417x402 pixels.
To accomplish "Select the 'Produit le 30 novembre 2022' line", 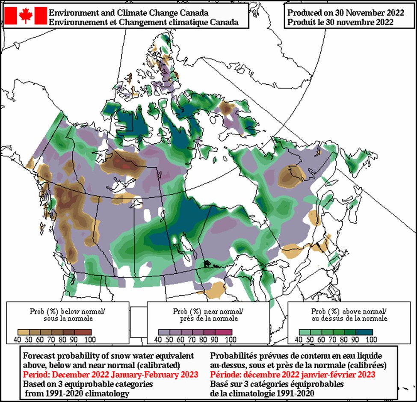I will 340,22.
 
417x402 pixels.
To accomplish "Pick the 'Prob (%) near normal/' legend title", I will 208,310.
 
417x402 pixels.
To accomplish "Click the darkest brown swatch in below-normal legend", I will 86,332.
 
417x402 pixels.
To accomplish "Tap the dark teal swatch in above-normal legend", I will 367,332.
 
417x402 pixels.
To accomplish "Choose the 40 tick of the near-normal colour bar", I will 158,340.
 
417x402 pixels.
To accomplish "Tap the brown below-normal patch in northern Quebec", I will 292,176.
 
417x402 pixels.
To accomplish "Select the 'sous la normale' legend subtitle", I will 68,319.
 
